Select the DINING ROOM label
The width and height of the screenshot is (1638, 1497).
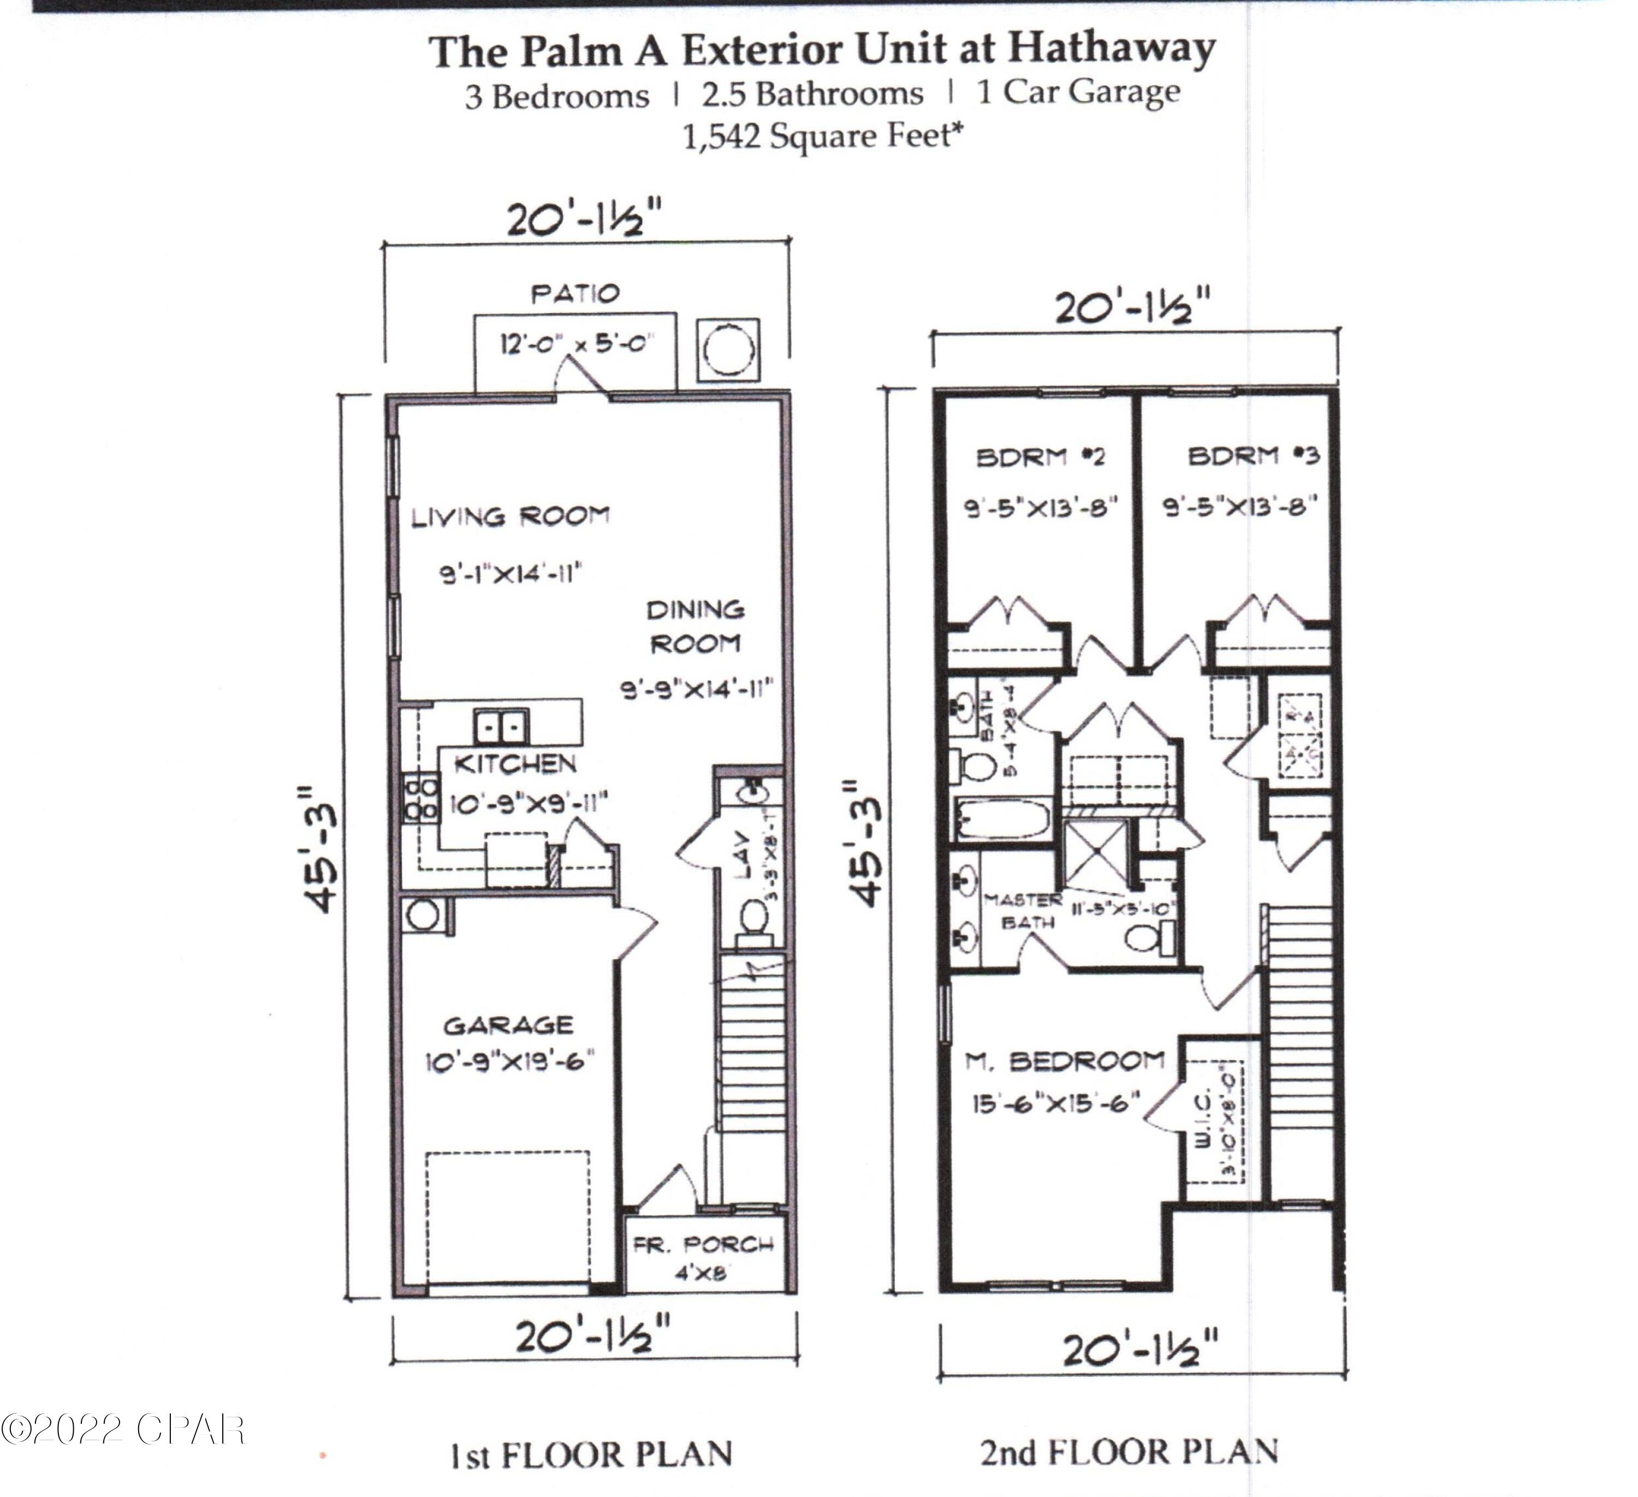click(x=696, y=626)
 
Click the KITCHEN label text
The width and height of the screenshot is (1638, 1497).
click(x=514, y=764)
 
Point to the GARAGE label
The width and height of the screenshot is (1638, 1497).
click(x=509, y=1025)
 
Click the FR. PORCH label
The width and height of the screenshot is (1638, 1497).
click(x=704, y=1244)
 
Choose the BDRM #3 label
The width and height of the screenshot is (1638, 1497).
click(x=1254, y=456)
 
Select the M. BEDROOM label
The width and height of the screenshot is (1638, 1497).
click(x=1064, y=1061)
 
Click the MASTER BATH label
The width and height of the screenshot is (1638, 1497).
click(x=1022, y=911)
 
